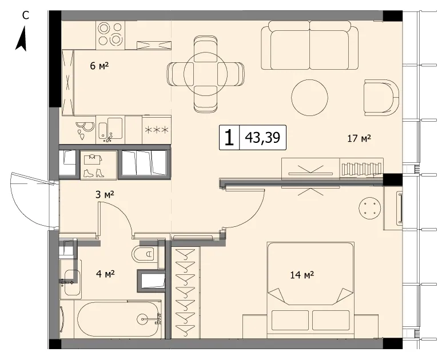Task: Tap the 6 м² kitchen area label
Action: pyautogui.click(x=99, y=66)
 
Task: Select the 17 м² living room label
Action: pyautogui.click(x=359, y=138)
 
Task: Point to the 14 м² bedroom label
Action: pyautogui.click(x=302, y=275)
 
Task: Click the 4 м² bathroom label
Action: pyautogui.click(x=105, y=274)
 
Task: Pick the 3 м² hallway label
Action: pyautogui.click(x=105, y=195)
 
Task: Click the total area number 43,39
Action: pyautogui.click(x=262, y=138)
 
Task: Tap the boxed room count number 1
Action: pyautogui.click(x=229, y=138)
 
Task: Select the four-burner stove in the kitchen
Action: pyautogui.click(x=111, y=34)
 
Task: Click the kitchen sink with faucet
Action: pyautogui.click(x=111, y=129)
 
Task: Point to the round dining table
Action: pyautogui.click(x=205, y=74)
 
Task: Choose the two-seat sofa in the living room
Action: pyautogui.click(x=310, y=46)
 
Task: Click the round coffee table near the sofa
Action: pyautogui.click(x=310, y=98)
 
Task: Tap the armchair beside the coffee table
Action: pyautogui.click(x=382, y=98)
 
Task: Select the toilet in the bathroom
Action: pyautogui.click(x=144, y=254)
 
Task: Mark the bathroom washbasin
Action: pyautogui.click(x=70, y=279)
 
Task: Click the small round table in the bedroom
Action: pyautogui.click(x=369, y=208)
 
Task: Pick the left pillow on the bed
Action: pyautogui.click(x=290, y=320)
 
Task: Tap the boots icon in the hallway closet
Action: pyautogui.click(x=94, y=173)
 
